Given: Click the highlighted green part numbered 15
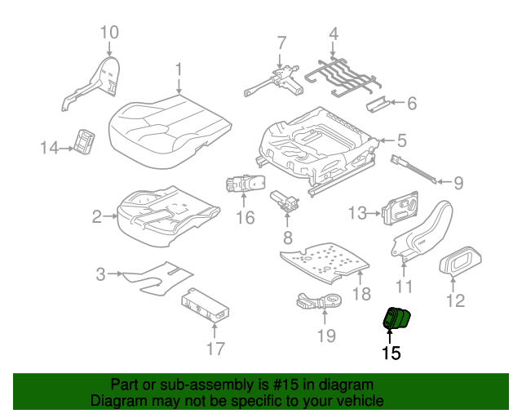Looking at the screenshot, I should (399, 318).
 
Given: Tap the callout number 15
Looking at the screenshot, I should (391, 353).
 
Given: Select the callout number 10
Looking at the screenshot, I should (108, 33).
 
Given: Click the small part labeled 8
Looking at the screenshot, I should (285, 200).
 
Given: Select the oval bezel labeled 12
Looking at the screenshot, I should (460, 262).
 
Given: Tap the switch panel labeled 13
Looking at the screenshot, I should (402, 210).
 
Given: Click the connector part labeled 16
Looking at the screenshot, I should (242, 185).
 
